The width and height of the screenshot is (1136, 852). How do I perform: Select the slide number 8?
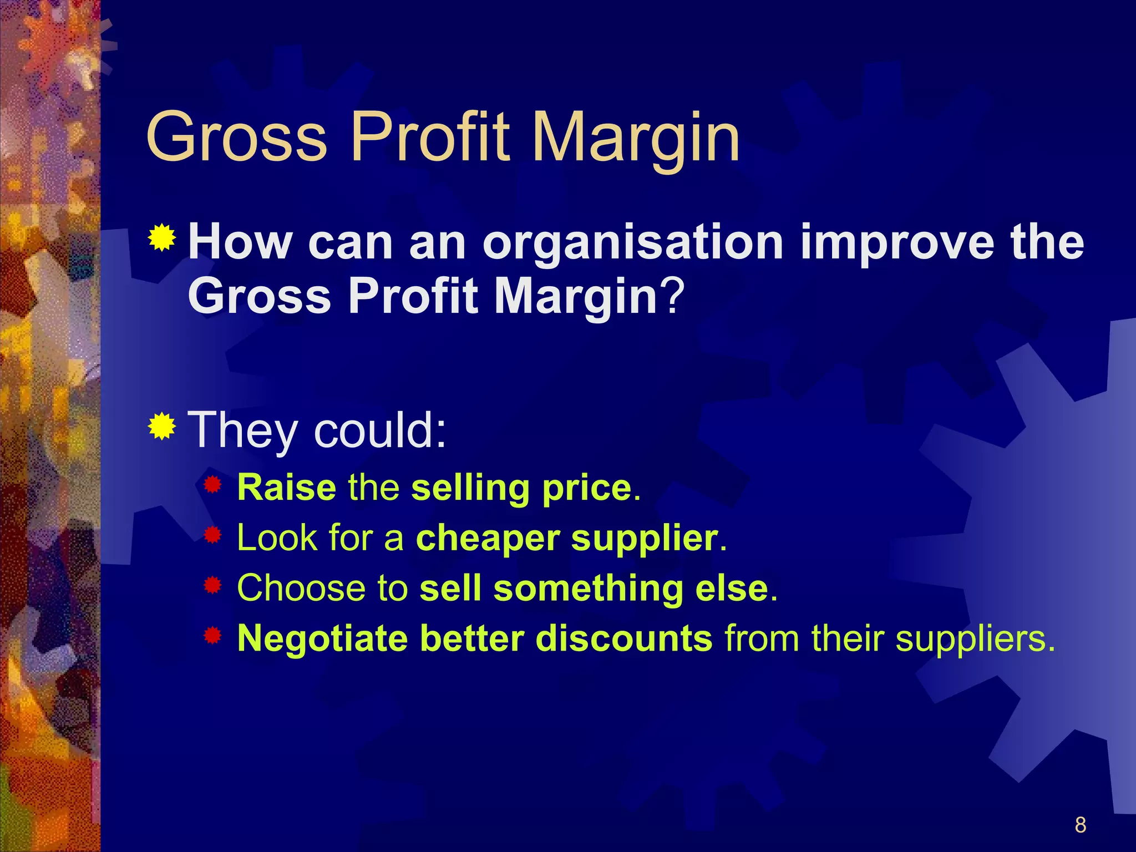tap(1080, 825)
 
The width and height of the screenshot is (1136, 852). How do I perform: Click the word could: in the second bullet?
tap(380, 430)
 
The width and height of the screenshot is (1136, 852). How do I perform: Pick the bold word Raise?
tap(286, 488)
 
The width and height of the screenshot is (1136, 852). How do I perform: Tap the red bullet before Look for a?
tap(212, 535)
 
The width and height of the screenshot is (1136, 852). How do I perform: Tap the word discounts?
tap(623, 638)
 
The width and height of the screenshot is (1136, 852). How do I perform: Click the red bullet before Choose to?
tap(212, 585)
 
